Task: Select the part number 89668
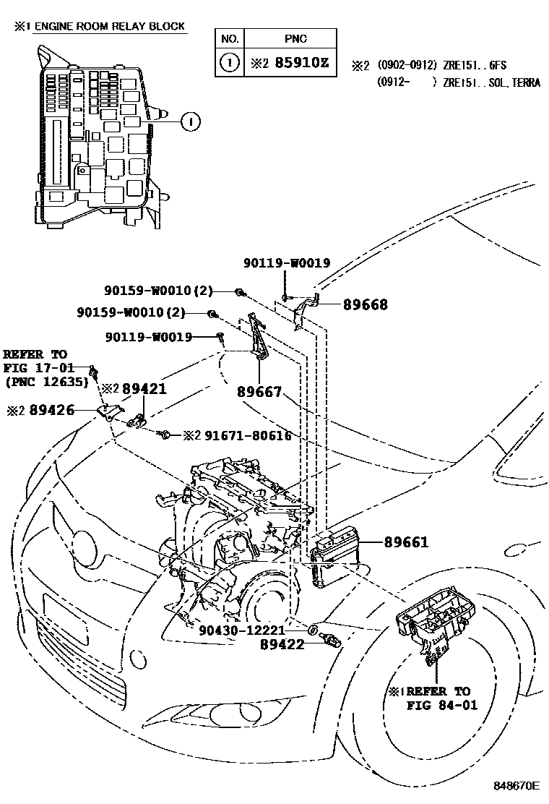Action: point(365,305)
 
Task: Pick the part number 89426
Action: point(50,410)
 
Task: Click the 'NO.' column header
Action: point(230,39)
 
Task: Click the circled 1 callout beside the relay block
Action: point(189,122)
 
